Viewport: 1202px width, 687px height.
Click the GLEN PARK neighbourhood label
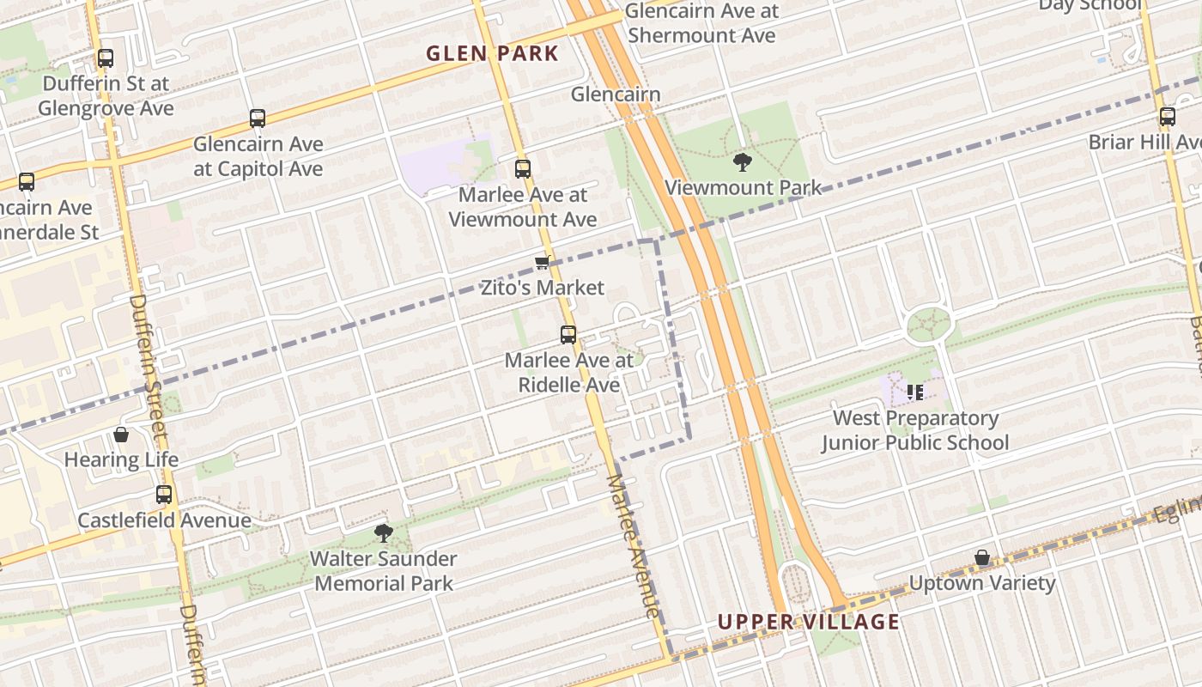[492, 53]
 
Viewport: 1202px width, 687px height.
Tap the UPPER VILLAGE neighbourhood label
[808, 622]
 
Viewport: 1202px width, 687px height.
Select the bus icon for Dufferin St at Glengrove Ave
[106, 58]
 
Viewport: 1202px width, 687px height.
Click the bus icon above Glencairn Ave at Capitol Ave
[257, 119]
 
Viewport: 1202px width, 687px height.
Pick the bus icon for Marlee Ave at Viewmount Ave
[523, 169]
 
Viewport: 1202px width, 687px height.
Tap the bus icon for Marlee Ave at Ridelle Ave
[568, 335]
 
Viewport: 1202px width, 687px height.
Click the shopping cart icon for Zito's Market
[542, 263]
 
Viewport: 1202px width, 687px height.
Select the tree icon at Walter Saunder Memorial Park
[383, 533]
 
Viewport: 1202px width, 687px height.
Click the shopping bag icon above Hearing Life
[121, 435]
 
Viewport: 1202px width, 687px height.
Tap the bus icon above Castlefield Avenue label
[164, 495]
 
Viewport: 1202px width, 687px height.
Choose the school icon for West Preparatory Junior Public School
[915, 392]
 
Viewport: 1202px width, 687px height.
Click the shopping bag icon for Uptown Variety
[982, 558]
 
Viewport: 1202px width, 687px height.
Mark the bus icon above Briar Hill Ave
[1168, 117]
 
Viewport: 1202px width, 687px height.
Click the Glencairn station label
[616, 94]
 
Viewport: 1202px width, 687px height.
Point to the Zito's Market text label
[542, 288]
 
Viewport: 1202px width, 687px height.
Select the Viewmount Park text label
[743, 187]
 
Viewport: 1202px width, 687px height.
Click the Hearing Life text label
[121, 459]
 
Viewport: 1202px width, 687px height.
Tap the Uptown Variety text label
[982, 583]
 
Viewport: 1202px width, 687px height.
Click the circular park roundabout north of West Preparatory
[929, 325]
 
